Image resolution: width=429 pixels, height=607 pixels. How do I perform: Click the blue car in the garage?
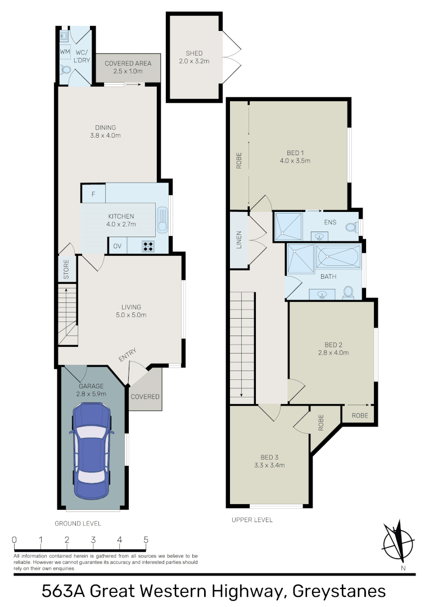tap(92, 451)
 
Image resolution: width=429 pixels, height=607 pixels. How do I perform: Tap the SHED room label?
tap(194, 53)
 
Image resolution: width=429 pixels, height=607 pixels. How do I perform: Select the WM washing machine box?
tap(65, 52)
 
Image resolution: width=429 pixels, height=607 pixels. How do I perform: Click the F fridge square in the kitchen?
tap(93, 194)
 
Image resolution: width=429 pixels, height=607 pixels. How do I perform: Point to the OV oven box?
tap(118, 246)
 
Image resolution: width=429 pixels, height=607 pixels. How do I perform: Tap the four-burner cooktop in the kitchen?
tap(148, 246)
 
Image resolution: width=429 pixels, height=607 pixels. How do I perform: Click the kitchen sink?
tap(162, 220)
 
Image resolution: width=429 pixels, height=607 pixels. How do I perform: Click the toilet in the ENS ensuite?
tap(352, 227)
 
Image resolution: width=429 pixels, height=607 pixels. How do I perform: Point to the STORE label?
tap(66, 269)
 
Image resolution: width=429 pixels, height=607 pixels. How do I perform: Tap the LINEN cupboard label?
tap(239, 239)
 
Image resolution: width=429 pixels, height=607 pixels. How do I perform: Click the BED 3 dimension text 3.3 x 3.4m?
tap(269, 465)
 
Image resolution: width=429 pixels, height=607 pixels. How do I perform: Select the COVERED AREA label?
tap(128, 63)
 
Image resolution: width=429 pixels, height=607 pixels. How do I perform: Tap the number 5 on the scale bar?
tap(146, 540)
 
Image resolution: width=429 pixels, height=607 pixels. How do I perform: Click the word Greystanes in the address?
tap(339, 591)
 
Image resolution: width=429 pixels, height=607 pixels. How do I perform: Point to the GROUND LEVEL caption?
tap(78, 523)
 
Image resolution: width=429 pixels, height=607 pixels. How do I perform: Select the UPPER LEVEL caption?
tap(252, 520)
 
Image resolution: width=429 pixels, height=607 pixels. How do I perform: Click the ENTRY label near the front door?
tap(128, 355)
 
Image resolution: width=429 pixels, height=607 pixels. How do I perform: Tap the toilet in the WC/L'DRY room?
tap(65, 70)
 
